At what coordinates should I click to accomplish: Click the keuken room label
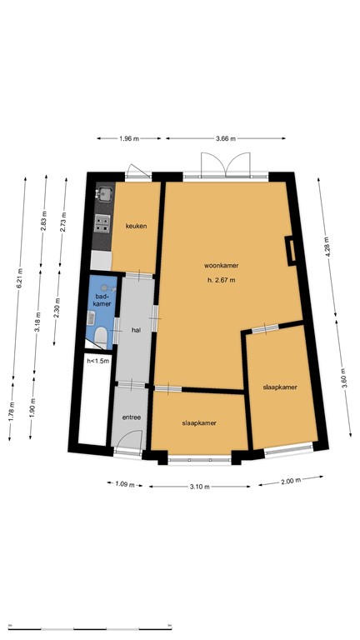point(136,226)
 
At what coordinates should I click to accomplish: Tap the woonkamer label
point(221,266)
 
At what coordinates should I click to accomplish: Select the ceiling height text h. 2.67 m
point(222,280)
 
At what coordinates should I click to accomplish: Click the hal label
point(136,330)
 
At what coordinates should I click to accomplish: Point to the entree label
point(131,417)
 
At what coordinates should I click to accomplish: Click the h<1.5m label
point(97,361)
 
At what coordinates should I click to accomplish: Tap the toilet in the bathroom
point(99,336)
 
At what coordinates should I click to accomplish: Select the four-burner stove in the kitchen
point(103,222)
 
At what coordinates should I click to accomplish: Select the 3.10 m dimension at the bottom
point(197,486)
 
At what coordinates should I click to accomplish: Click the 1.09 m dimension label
point(125,483)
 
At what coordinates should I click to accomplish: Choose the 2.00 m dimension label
point(288,481)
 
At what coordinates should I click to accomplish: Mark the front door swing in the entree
point(127,441)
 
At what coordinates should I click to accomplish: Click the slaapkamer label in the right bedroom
point(280,387)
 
